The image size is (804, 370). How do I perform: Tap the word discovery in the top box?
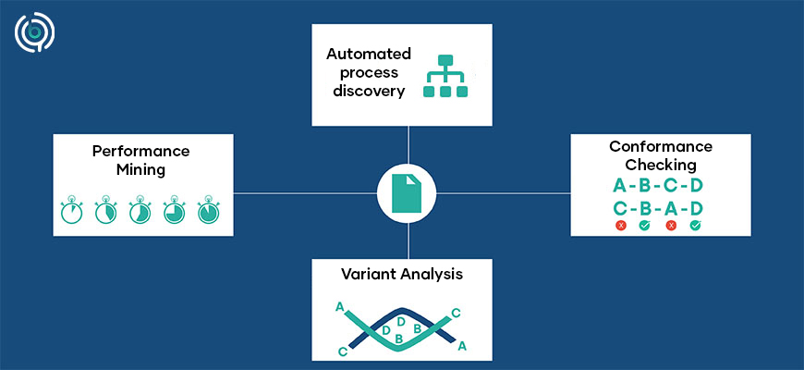tap(364, 91)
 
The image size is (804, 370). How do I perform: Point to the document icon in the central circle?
tap(407, 193)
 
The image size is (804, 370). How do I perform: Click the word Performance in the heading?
tap(140, 150)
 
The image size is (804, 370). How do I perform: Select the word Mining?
tap(140, 169)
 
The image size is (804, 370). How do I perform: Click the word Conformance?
tap(660, 146)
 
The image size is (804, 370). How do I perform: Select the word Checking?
tap(660, 165)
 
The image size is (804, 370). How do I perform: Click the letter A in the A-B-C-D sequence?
tap(619, 186)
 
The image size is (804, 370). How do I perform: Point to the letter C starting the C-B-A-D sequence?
tap(619, 207)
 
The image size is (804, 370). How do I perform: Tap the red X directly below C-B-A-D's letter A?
tap(671, 225)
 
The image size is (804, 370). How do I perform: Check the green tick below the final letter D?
tap(696, 225)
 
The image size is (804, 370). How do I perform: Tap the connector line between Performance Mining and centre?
tap(305, 193)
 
